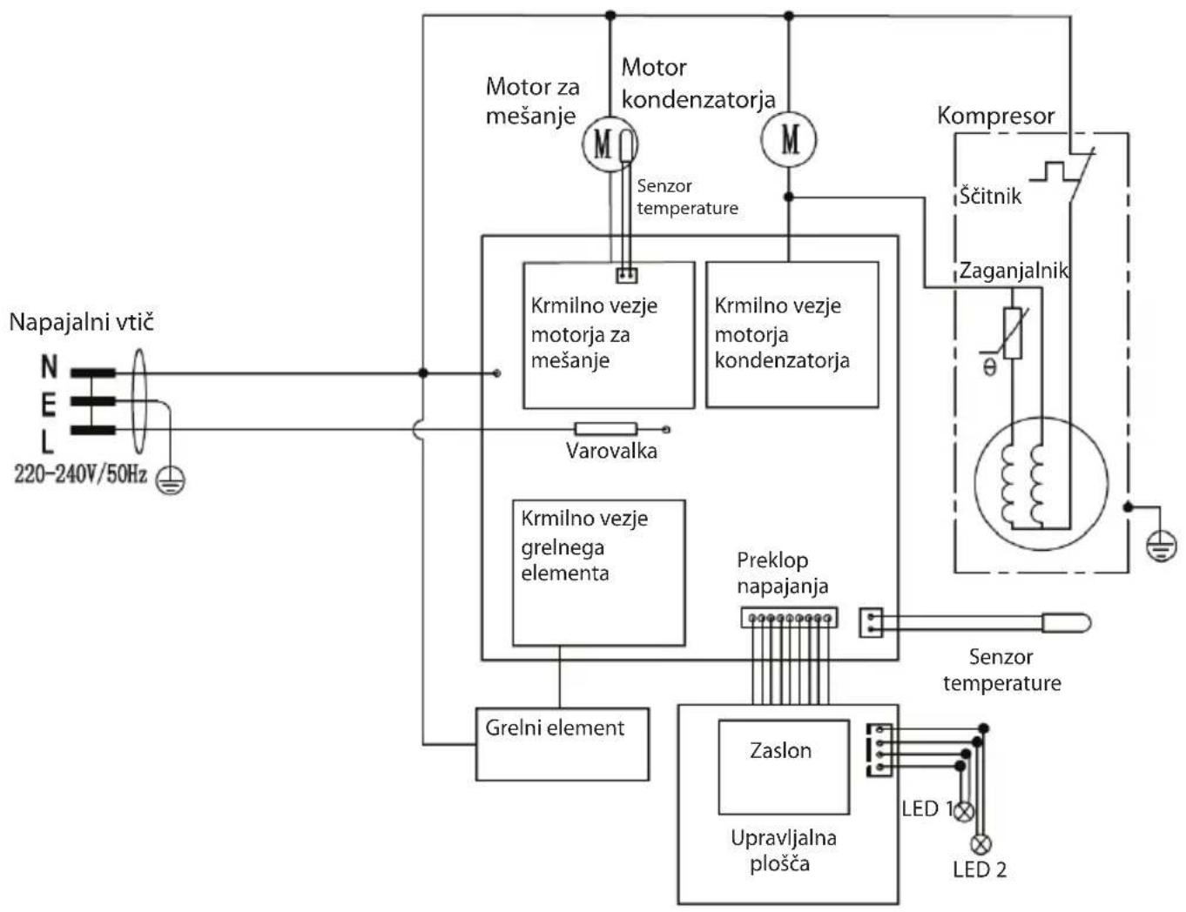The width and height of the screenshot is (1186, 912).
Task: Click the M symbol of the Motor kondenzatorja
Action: (x=790, y=139)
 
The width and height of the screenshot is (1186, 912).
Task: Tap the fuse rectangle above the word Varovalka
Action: (x=605, y=429)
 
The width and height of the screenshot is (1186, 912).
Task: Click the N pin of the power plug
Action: (x=93, y=373)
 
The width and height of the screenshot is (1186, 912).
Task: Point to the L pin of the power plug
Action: (x=93, y=430)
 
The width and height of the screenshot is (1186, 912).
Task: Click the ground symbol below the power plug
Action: (x=171, y=480)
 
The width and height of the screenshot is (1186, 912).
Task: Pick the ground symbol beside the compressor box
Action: (x=1162, y=547)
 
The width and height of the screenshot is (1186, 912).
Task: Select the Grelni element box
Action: (x=563, y=744)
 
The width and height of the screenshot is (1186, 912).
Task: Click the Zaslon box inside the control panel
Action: (x=784, y=767)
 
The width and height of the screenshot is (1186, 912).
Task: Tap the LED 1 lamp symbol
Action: (x=965, y=811)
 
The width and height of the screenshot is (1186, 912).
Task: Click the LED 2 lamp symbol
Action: (x=980, y=844)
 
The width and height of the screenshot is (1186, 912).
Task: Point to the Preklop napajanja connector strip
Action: (x=789, y=618)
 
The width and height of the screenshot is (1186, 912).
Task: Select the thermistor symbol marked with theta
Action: (x=1012, y=333)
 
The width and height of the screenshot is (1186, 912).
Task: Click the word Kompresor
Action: (x=995, y=117)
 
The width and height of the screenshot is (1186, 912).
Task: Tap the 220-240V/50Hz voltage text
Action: (x=80, y=474)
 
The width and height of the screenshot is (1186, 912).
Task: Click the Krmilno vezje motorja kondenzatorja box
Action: (x=792, y=334)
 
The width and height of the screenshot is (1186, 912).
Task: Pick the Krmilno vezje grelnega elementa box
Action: (x=599, y=573)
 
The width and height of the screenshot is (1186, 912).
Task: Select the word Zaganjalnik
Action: (x=1014, y=271)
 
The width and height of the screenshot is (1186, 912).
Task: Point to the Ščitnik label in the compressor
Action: (x=990, y=195)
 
